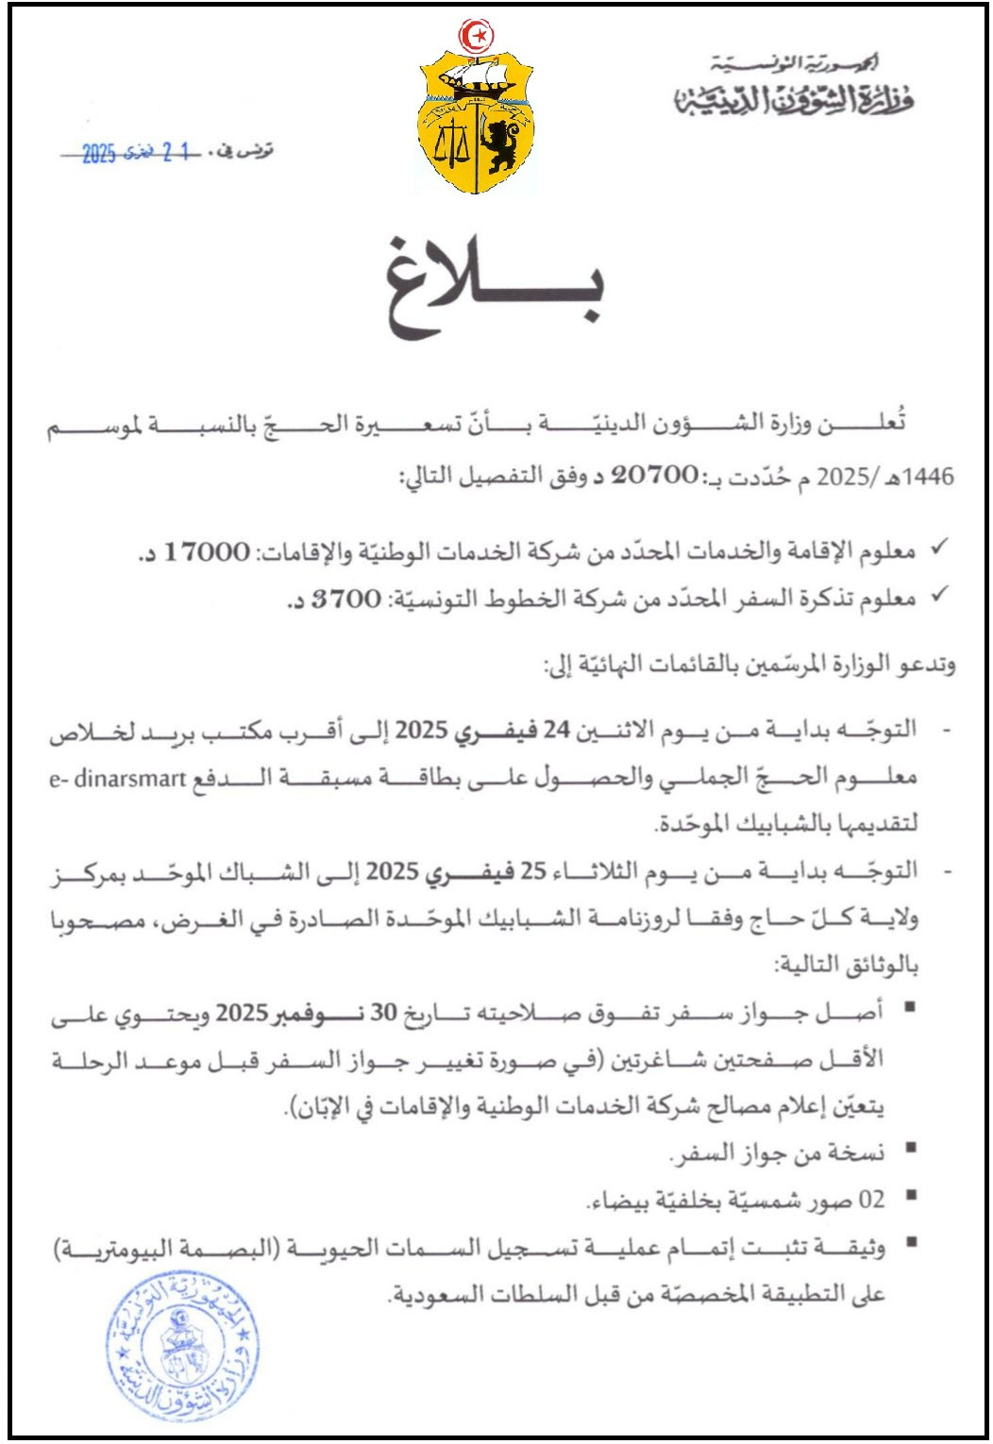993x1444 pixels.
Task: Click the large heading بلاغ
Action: coord(495,289)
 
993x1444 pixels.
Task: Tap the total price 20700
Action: coord(654,475)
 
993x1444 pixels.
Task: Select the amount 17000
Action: coord(207,551)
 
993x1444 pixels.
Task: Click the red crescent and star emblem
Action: coord(477,36)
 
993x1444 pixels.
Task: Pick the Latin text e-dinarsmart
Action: coord(120,779)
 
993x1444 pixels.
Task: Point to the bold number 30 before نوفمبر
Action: coord(383,1013)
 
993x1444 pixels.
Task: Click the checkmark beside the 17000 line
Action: coord(939,547)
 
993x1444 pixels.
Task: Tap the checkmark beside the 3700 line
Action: coord(939,595)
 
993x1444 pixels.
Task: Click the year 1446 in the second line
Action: coord(930,477)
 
